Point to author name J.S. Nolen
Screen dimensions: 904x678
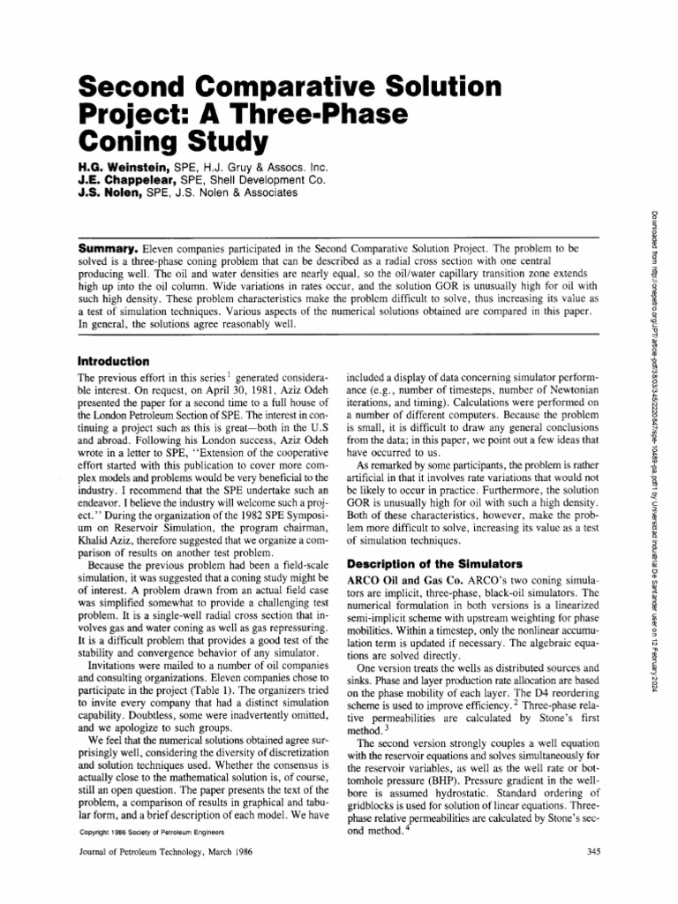point(112,192)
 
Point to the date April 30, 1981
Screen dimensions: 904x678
point(228,397)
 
